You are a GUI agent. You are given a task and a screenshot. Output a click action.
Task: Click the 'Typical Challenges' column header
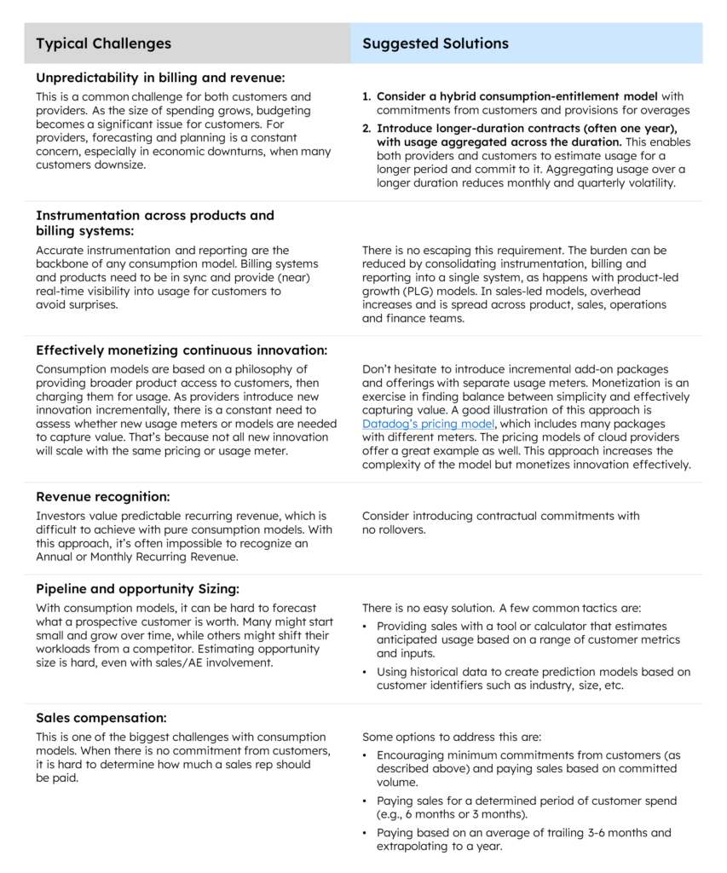(103, 43)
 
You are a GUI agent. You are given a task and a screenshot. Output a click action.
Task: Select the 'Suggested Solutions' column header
(435, 43)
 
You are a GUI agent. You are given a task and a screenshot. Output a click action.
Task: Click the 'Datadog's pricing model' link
(428, 423)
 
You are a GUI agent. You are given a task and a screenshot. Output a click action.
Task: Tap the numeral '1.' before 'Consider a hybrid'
(366, 97)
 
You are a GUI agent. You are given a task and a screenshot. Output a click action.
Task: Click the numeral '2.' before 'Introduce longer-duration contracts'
(366, 128)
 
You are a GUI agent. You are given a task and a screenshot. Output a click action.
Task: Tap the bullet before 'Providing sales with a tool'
(366, 627)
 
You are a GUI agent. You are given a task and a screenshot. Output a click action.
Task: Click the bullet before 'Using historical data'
(366, 673)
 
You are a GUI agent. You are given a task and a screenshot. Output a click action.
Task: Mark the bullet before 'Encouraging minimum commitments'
(366, 755)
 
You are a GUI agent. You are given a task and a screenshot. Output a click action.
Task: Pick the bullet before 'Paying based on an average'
(366, 833)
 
